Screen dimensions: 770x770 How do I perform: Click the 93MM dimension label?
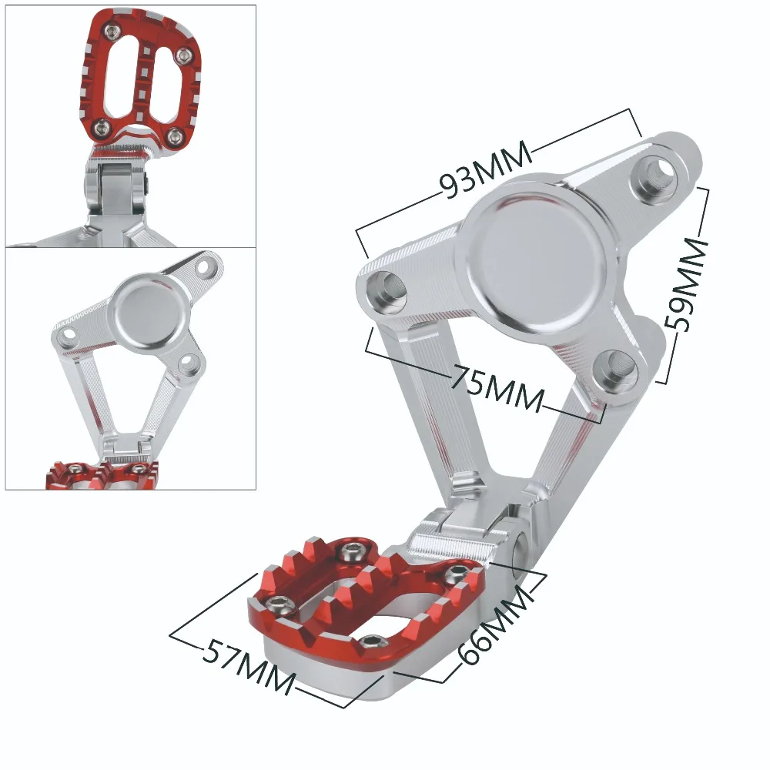click(x=485, y=169)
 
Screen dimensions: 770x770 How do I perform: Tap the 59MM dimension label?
click(x=687, y=284)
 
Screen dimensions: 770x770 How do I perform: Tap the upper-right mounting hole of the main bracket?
click(x=657, y=173)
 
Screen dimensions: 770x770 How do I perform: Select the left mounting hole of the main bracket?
click(x=387, y=292)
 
